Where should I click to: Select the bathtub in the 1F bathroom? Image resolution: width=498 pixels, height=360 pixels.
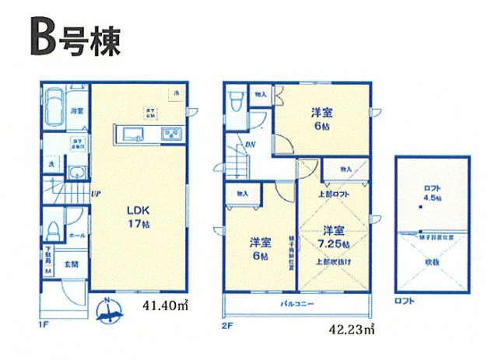tap(54, 103)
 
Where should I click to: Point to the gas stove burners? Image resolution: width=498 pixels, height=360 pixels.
tap(171, 134)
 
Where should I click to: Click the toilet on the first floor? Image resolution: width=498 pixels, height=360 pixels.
tap(53, 230)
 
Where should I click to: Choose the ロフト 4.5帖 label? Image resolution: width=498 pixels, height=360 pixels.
tap(433, 193)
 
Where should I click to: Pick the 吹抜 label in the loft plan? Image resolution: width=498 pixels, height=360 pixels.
tap(433, 262)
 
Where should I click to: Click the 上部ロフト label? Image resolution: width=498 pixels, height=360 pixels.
tap(332, 194)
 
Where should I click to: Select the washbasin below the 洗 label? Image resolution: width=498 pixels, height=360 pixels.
tap(76, 173)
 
